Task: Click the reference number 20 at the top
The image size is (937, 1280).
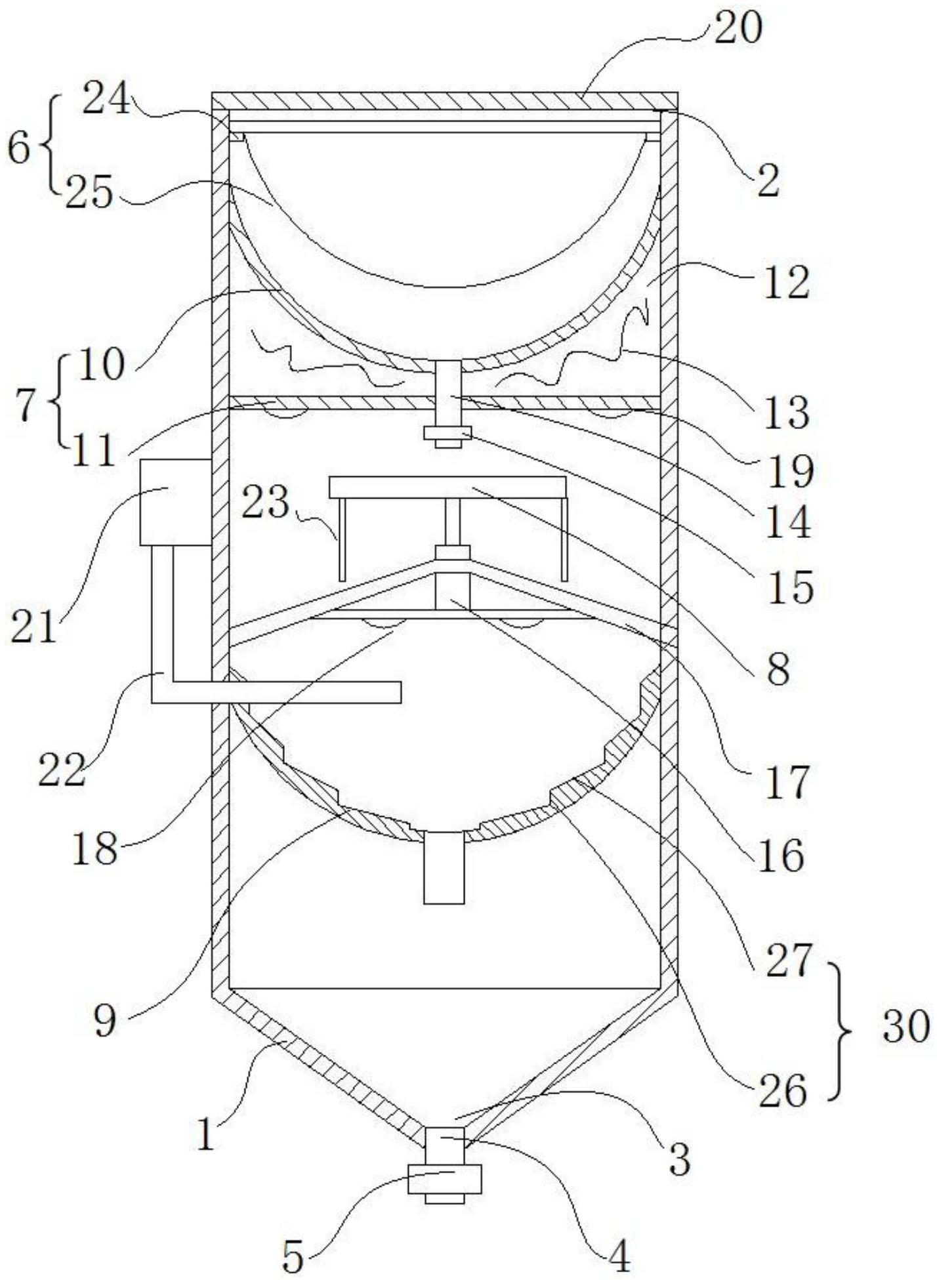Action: [x=738, y=30]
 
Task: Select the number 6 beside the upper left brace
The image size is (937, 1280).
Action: [x=19, y=150]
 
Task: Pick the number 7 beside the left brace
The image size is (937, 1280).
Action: [x=26, y=407]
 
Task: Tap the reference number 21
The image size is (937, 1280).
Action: [x=34, y=626]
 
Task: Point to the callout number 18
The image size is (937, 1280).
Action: [x=96, y=849]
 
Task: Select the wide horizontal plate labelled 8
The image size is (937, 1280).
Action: [x=448, y=487]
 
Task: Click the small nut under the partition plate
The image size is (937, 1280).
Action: [x=448, y=433]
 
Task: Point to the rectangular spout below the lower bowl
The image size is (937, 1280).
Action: [x=444, y=867]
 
